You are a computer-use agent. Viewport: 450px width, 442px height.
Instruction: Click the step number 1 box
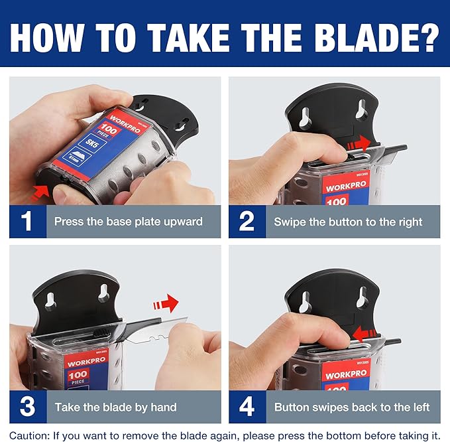(x=27, y=222)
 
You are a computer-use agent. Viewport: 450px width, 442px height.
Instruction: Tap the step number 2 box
(x=247, y=222)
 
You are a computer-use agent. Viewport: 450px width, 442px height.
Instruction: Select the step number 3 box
(x=27, y=407)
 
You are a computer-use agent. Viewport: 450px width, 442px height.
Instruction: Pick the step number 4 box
(x=247, y=407)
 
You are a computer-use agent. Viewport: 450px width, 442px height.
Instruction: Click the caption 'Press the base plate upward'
(x=128, y=222)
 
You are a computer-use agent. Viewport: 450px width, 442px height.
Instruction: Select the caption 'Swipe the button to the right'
(x=348, y=222)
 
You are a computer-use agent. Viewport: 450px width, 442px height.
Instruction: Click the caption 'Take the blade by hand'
(x=116, y=407)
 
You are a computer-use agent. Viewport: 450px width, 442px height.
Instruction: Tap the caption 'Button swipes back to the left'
(x=352, y=407)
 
